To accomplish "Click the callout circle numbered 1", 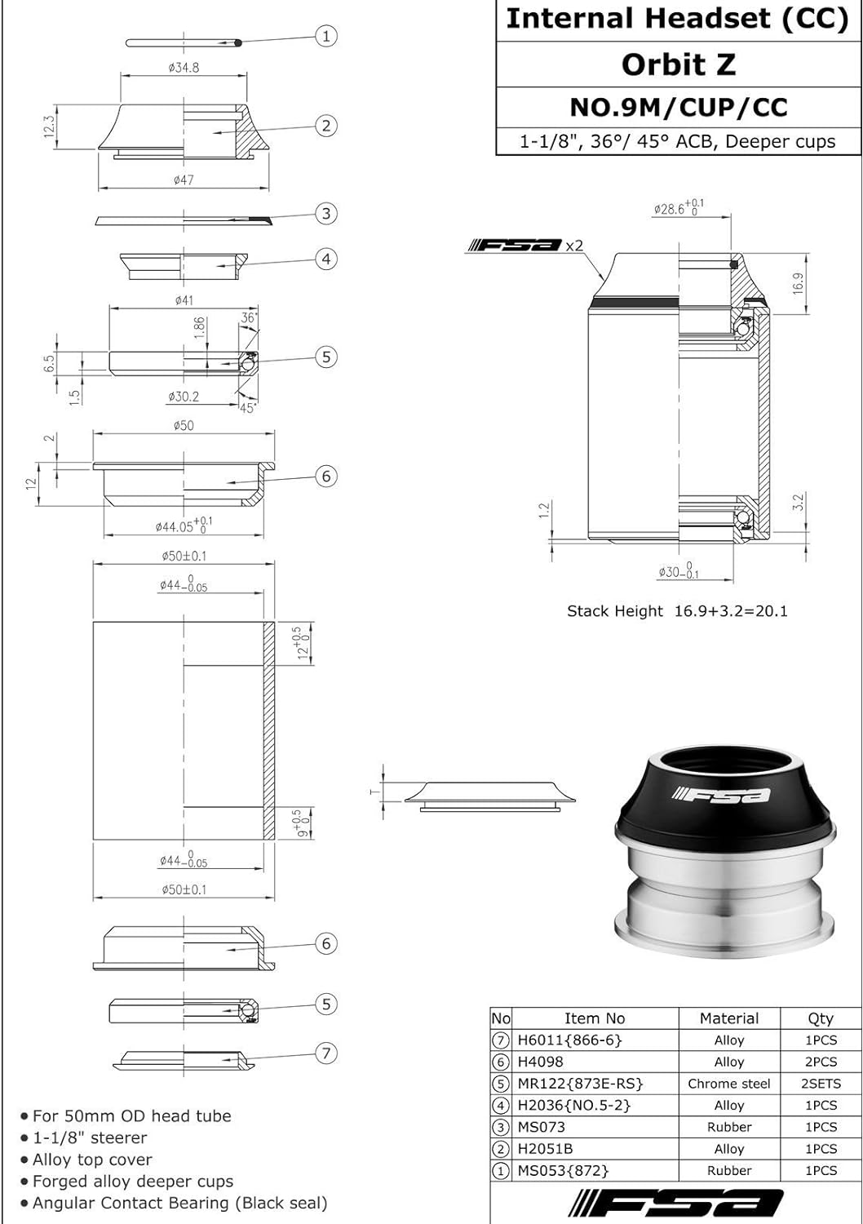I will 326,36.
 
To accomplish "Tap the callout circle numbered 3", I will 326,214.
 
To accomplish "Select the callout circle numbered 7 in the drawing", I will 326,1053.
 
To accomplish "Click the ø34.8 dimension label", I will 184,68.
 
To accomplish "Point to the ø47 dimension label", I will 184,180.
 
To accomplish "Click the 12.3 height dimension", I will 50,126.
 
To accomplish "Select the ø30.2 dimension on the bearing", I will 184,397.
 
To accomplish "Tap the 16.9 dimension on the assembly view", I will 799,282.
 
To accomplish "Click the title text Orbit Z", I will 678,64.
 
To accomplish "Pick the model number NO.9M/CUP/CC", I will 678,107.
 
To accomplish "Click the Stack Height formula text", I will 677,611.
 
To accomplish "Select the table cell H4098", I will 540,1062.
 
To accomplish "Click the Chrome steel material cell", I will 728,1084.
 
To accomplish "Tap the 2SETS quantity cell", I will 820,1084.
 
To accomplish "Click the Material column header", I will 728,1018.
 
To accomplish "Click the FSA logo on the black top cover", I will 720,793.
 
